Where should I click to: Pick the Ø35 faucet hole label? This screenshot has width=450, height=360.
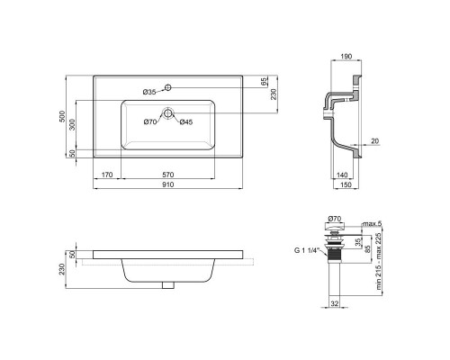pyautogui.click(x=149, y=92)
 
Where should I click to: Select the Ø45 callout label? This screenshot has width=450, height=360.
pyautogui.click(x=185, y=122)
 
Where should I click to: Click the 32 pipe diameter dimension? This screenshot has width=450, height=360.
pyautogui.click(x=335, y=304)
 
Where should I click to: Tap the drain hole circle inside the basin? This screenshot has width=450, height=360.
pyautogui.click(x=167, y=114)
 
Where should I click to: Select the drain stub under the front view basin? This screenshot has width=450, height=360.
pyautogui.click(x=166, y=285)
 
